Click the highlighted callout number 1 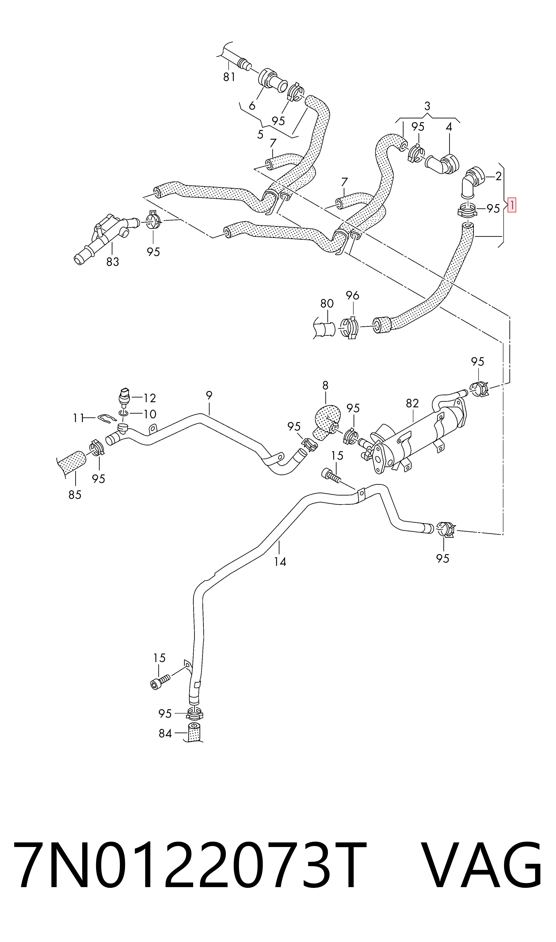(x=511, y=205)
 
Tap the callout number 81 (x=229, y=77)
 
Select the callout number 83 (x=112, y=262)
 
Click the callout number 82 (x=412, y=403)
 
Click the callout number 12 (x=150, y=398)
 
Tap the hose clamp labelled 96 (x=350, y=327)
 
